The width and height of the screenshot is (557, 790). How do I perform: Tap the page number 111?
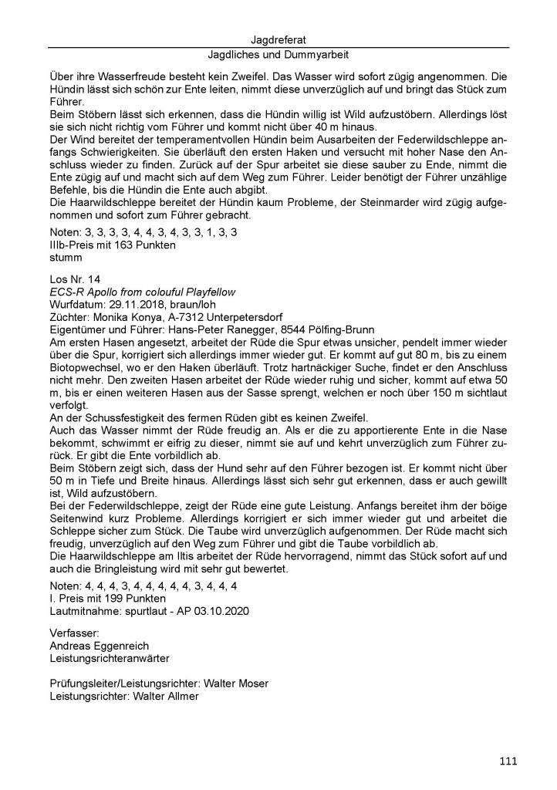(x=508, y=761)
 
